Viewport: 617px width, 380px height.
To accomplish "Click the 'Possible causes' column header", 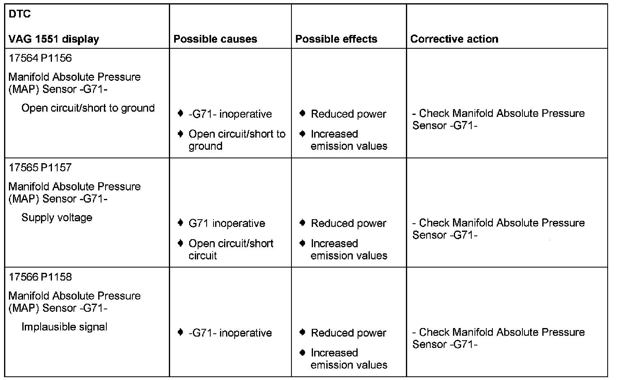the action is pyautogui.click(x=215, y=39).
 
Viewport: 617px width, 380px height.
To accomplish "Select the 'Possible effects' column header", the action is pyautogui.click(x=336, y=39).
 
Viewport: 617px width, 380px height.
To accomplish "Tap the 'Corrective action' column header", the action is pyautogui.click(x=454, y=39).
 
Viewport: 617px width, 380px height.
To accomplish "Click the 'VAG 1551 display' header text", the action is pyautogui.click(x=54, y=39).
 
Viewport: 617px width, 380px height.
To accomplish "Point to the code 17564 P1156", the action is pyautogui.click(x=40, y=58).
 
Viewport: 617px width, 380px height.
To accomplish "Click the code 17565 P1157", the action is pyautogui.click(x=40, y=167).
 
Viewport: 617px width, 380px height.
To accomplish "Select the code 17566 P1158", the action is pyautogui.click(x=40, y=277).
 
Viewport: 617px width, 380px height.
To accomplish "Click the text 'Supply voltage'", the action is pyautogui.click(x=57, y=218).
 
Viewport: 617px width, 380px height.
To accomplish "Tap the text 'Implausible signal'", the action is pyautogui.click(x=64, y=327).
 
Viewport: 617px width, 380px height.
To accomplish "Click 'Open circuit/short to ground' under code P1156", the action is pyautogui.click(x=88, y=108).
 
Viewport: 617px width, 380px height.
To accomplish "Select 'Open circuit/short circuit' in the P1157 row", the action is pyautogui.click(x=231, y=249).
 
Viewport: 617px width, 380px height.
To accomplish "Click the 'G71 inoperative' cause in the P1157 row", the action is pyautogui.click(x=227, y=223).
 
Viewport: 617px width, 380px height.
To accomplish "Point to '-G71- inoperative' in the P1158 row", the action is pyautogui.click(x=230, y=333).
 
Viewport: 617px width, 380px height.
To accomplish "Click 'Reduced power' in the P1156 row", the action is pyautogui.click(x=348, y=114).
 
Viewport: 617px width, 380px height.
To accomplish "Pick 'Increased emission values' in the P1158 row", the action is pyautogui.click(x=349, y=358).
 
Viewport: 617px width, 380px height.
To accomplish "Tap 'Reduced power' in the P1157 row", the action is pyautogui.click(x=348, y=223).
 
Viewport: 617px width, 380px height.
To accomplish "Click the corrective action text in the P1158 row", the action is pyautogui.click(x=498, y=338).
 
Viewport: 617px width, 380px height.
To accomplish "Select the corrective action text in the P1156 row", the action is pyautogui.click(x=498, y=119).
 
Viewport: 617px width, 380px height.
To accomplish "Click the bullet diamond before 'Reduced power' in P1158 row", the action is pyautogui.click(x=302, y=332).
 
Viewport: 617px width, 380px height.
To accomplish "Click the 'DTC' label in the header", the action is pyautogui.click(x=19, y=15).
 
